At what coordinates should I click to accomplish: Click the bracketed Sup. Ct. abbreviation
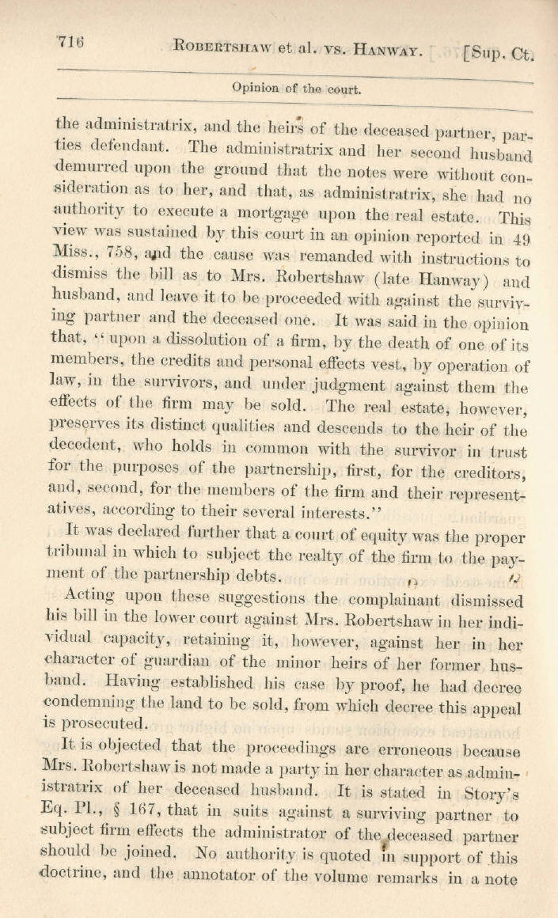499,53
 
